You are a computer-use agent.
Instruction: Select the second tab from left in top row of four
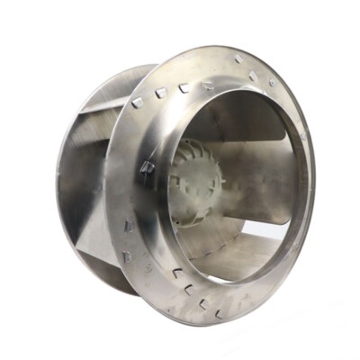click(x=161, y=93)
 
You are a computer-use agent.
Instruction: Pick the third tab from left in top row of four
click(x=184, y=88)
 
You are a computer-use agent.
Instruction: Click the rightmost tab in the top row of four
click(x=208, y=86)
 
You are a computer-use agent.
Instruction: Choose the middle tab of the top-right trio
click(x=253, y=76)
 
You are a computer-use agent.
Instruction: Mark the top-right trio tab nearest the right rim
click(x=272, y=82)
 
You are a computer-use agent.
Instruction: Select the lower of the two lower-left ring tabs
click(x=127, y=256)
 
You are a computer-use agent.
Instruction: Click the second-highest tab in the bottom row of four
click(x=190, y=288)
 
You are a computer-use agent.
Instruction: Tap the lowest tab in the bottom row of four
click(x=219, y=314)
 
